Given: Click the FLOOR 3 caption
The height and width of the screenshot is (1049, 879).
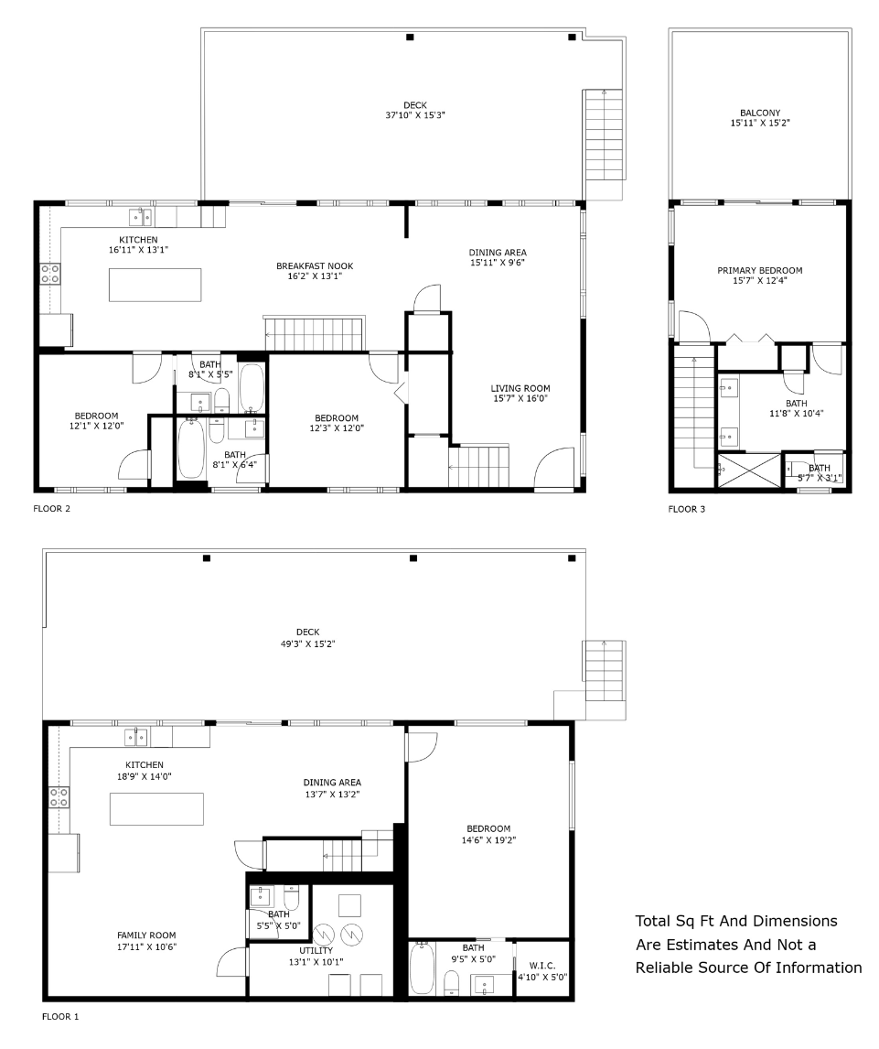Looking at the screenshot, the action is tap(687, 509).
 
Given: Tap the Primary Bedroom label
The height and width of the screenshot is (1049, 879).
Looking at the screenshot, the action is tap(760, 270).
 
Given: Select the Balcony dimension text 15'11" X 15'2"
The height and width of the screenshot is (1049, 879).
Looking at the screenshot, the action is tap(760, 123).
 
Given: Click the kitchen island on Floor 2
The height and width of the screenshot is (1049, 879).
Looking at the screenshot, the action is tap(155, 285).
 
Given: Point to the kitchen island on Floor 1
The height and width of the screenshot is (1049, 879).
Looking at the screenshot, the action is tap(157, 809).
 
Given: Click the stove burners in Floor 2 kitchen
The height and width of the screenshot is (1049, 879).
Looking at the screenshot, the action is tap(50, 274).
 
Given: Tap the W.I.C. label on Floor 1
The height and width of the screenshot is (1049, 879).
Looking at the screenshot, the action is tap(542, 966).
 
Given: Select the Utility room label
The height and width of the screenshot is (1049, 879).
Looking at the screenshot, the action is tap(316, 950).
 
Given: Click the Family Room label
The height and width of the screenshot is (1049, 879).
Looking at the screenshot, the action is tap(146, 935).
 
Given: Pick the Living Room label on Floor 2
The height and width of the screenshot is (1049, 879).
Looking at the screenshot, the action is tap(520, 388).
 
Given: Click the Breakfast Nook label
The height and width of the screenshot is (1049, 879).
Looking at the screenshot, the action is tap(315, 265).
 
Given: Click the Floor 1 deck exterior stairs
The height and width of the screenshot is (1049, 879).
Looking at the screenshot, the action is tap(605, 670).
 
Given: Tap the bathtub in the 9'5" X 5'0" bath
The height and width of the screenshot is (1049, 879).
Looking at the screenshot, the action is tap(422, 968).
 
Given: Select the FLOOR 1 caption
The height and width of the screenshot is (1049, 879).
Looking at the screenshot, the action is tap(60, 1017).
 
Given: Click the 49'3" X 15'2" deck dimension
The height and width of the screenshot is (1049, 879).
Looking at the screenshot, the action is tap(307, 644).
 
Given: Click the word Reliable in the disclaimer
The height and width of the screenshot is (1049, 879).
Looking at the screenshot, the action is tap(664, 968).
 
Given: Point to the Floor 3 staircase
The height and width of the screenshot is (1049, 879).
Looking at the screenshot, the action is tap(694, 414).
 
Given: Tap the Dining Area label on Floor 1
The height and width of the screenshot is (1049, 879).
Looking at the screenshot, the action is tap(332, 782).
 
